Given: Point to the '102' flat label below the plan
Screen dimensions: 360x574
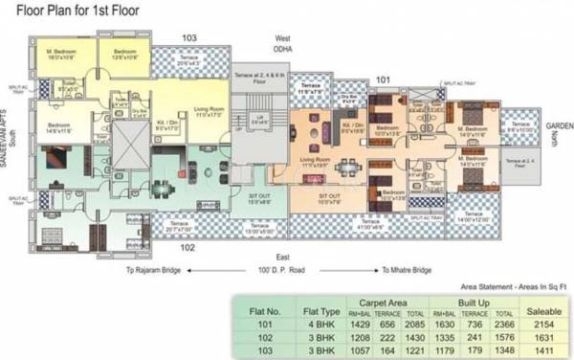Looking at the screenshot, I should coord(188,247).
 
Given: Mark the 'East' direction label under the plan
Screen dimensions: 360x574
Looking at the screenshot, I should coord(283,259).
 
